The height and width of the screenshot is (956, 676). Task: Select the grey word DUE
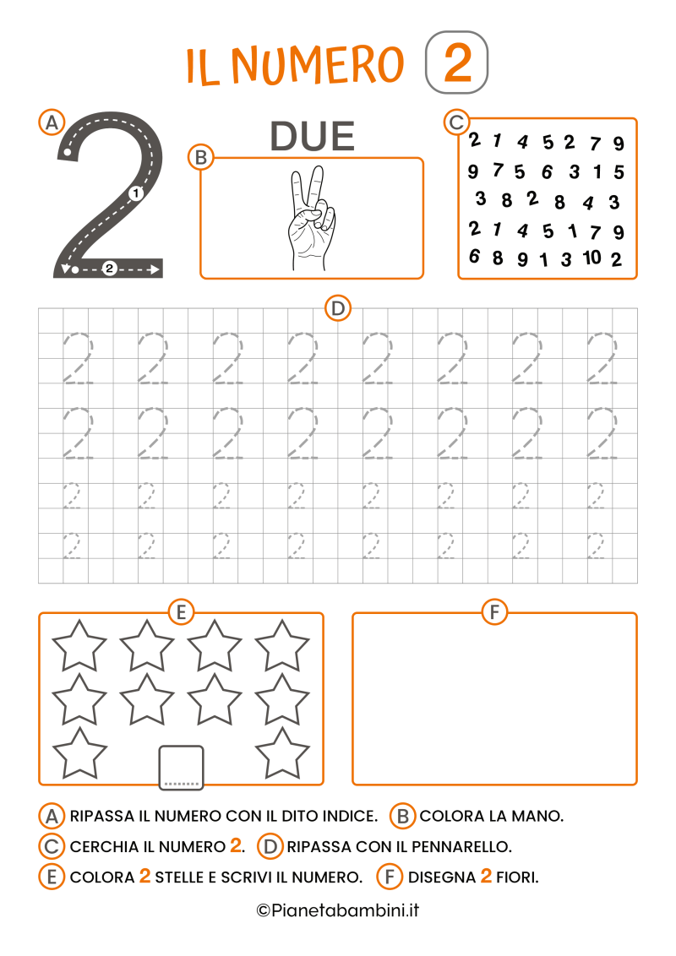312,137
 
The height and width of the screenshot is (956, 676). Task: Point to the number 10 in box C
591,257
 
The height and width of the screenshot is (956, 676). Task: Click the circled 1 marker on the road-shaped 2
137,193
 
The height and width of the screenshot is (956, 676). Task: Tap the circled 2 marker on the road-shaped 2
109,269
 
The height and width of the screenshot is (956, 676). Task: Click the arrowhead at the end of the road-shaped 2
155,269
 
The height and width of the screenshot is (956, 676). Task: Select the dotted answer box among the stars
181,768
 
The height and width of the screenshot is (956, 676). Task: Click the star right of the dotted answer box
282,753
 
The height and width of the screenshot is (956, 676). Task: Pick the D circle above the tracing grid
338,309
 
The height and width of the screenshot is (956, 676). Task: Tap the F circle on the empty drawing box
493,612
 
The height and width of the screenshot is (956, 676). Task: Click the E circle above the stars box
181,612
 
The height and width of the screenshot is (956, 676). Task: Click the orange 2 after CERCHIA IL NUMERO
236,845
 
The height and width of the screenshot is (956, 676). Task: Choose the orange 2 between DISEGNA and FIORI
486,877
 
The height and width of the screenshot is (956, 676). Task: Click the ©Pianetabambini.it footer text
338,910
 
